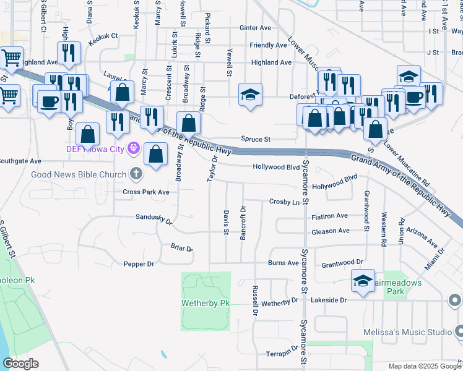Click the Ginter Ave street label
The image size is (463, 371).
[255, 28]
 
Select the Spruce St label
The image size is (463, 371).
[259, 140]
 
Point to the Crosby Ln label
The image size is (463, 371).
[284, 202]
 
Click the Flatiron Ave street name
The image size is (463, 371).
[330, 216]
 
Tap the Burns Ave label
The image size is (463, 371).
[283, 263]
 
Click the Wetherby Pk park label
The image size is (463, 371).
[206, 304]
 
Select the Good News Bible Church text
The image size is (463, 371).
[79, 174]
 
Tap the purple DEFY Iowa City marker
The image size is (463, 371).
[132, 148]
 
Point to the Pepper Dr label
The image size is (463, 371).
[139, 264]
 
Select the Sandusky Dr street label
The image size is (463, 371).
[154, 218]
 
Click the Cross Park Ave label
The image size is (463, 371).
[145, 192]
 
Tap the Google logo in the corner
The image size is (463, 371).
[20, 363]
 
